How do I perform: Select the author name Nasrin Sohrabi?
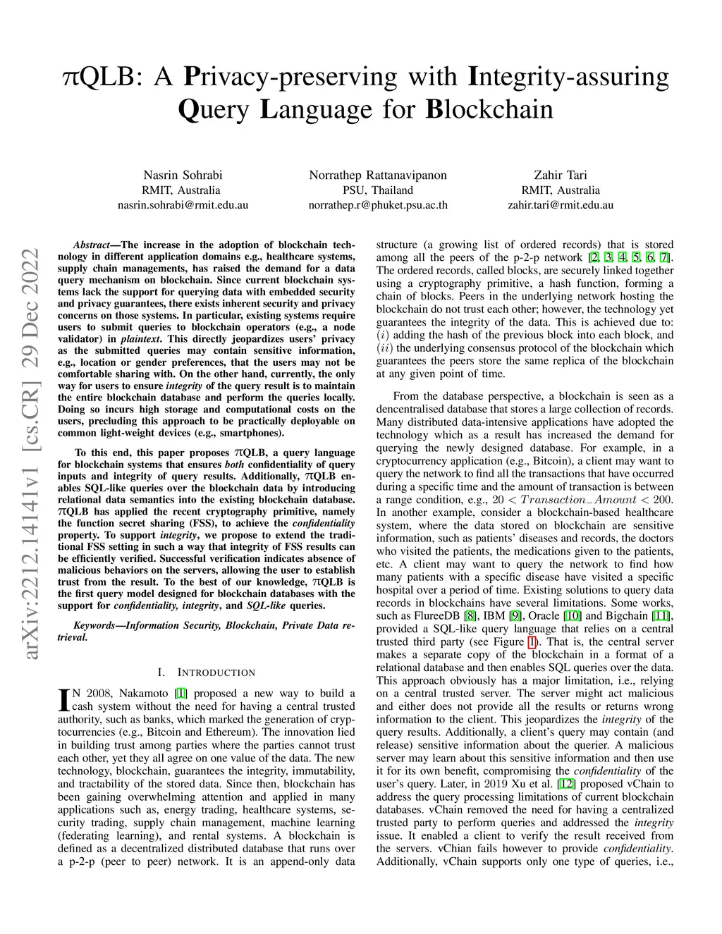(183, 175)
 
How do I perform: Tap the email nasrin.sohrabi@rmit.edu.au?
(183, 205)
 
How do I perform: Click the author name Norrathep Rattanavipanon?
(378, 175)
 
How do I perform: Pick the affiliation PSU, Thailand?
(378, 190)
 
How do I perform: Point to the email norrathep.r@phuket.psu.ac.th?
(378, 205)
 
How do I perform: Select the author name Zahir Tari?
(561, 175)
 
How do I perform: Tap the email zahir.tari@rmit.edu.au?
(561, 205)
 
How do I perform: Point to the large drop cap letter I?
(63, 700)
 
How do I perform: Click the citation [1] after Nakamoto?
(181, 693)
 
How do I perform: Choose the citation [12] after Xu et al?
(565, 783)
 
